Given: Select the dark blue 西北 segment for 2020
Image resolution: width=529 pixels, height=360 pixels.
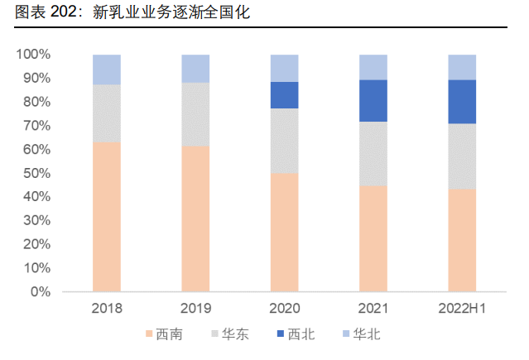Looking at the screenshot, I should tap(284, 95).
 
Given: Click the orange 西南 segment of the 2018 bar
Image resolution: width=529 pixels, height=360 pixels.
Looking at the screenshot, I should tap(107, 217).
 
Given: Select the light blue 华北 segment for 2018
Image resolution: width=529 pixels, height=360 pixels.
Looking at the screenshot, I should tap(107, 70).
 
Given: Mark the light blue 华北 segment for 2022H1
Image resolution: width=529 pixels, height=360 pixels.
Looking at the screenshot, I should tap(462, 67).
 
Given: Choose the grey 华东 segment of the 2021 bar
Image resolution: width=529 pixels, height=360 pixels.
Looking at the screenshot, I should tap(373, 153).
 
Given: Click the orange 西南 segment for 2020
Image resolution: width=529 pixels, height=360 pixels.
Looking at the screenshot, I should tap(284, 233).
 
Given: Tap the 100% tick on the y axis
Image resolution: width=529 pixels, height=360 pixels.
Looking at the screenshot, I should tap(33, 55).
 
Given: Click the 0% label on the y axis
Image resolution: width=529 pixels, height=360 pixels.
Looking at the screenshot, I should tap(40, 292).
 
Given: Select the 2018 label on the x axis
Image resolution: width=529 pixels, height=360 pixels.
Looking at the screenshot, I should tap(107, 309).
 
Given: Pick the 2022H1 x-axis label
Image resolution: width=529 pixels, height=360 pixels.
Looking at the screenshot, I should tap(462, 309).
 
